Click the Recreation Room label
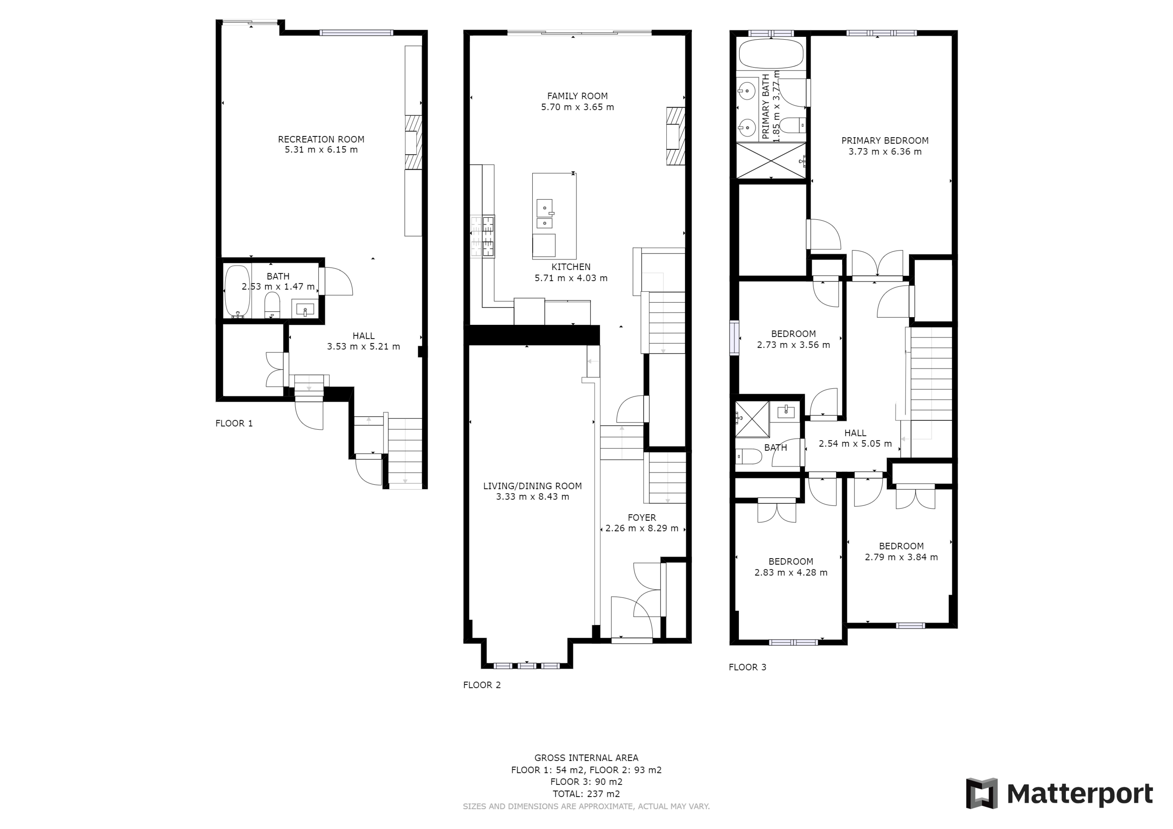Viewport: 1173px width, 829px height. click(321, 139)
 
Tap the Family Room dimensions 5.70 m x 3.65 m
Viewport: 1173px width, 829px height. click(577, 107)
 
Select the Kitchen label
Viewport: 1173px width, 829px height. click(571, 267)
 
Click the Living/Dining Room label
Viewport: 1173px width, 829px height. click(532, 486)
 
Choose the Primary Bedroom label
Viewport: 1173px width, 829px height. click(885, 140)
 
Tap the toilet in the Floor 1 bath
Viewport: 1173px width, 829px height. click(272, 305)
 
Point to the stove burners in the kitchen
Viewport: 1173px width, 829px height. click(483, 236)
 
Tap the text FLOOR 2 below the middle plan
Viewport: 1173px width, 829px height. click(482, 685)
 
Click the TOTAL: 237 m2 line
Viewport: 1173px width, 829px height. click(586, 794)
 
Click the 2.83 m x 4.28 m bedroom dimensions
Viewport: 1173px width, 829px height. click(791, 573)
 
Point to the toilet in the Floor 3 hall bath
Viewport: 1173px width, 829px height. click(748, 456)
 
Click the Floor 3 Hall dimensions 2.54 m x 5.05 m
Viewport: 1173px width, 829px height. click(855, 444)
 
